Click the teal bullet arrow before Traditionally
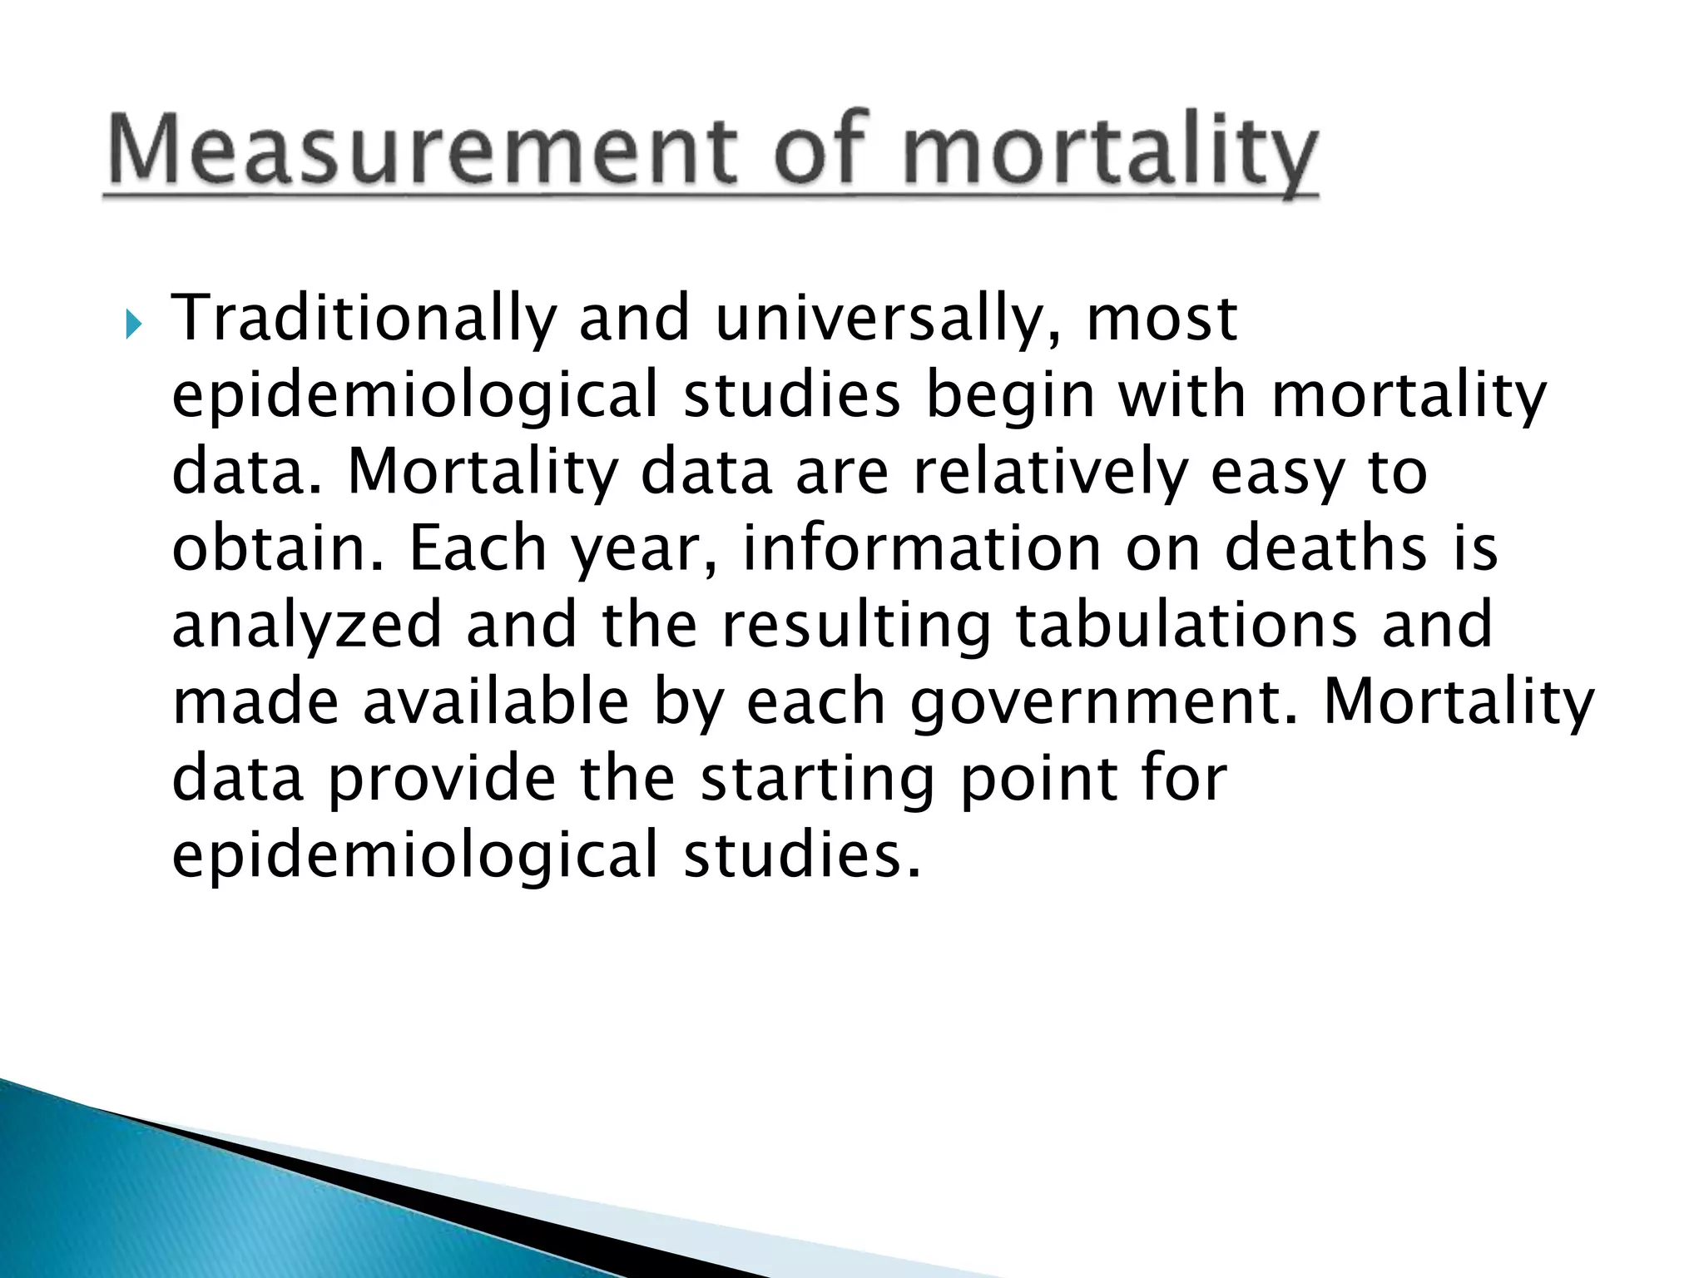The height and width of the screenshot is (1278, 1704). point(133,323)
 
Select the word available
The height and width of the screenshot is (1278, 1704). point(496,702)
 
